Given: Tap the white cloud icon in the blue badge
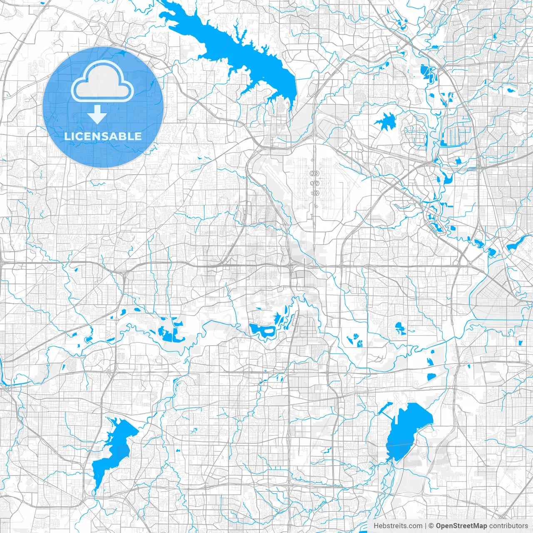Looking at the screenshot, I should [x=102, y=82].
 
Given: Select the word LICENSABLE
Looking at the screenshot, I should [x=102, y=136].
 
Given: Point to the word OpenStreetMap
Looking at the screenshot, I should [x=461, y=526].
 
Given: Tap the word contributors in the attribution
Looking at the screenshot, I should [x=508, y=526].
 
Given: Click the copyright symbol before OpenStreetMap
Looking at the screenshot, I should [x=431, y=526].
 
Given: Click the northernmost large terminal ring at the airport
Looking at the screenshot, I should [x=314, y=173].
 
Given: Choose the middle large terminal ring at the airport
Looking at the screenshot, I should [x=314, y=183].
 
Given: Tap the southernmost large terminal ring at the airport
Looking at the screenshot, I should [x=314, y=193].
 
